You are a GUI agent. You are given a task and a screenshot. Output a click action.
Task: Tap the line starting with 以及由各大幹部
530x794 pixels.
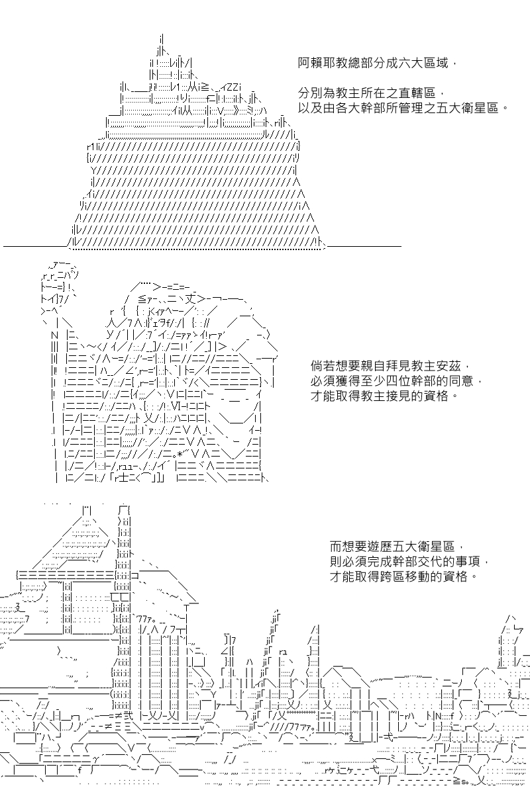403,108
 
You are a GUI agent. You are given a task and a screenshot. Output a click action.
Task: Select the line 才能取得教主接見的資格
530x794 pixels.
385,395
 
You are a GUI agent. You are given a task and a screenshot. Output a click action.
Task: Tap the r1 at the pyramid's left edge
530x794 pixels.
91,146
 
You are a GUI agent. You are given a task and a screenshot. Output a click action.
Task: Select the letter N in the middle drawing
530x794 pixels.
54,335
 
